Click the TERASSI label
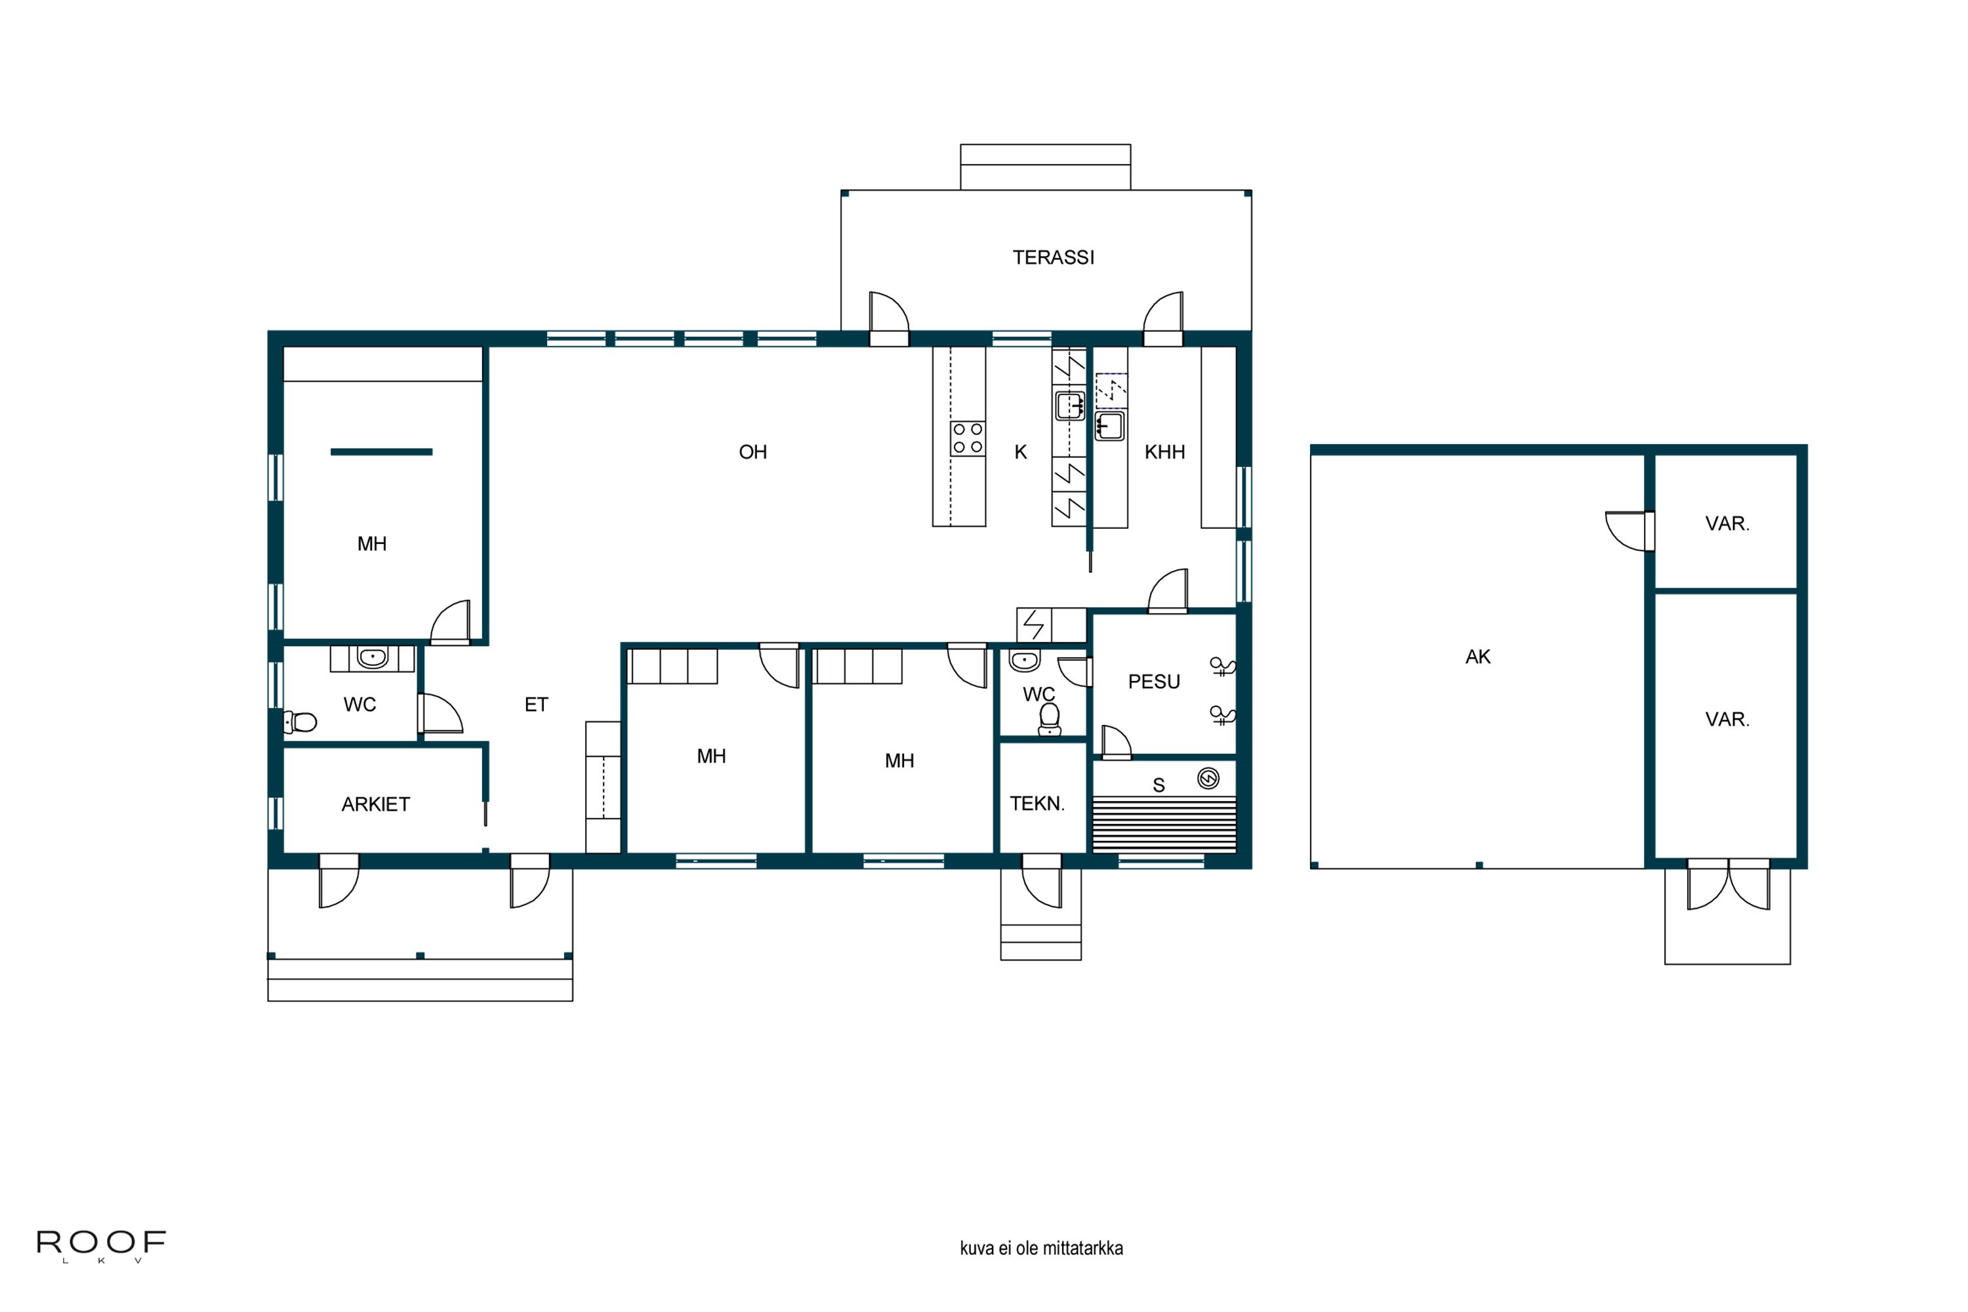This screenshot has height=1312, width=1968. [x=1053, y=257]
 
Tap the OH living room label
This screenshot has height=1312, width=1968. [x=752, y=452]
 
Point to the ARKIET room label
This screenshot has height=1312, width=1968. [x=376, y=804]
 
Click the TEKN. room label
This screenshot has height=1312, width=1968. [x=1036, y=803]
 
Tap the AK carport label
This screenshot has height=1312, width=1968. [x=1478, y=657]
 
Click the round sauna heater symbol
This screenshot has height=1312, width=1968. [x=1208, y=778]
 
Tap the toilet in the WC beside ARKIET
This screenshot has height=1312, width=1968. [x=300, y=721]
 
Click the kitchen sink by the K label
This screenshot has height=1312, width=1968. [x=1070, y=406]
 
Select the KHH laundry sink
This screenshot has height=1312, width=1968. [x=1109, y=426]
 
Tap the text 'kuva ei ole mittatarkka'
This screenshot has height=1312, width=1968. [x=1041, y=1248]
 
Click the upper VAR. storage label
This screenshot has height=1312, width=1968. [x=1727, y=523]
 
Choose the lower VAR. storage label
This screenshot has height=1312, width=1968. [x=1727, y=719]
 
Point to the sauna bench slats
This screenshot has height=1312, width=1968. [x=1164, y=824]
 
